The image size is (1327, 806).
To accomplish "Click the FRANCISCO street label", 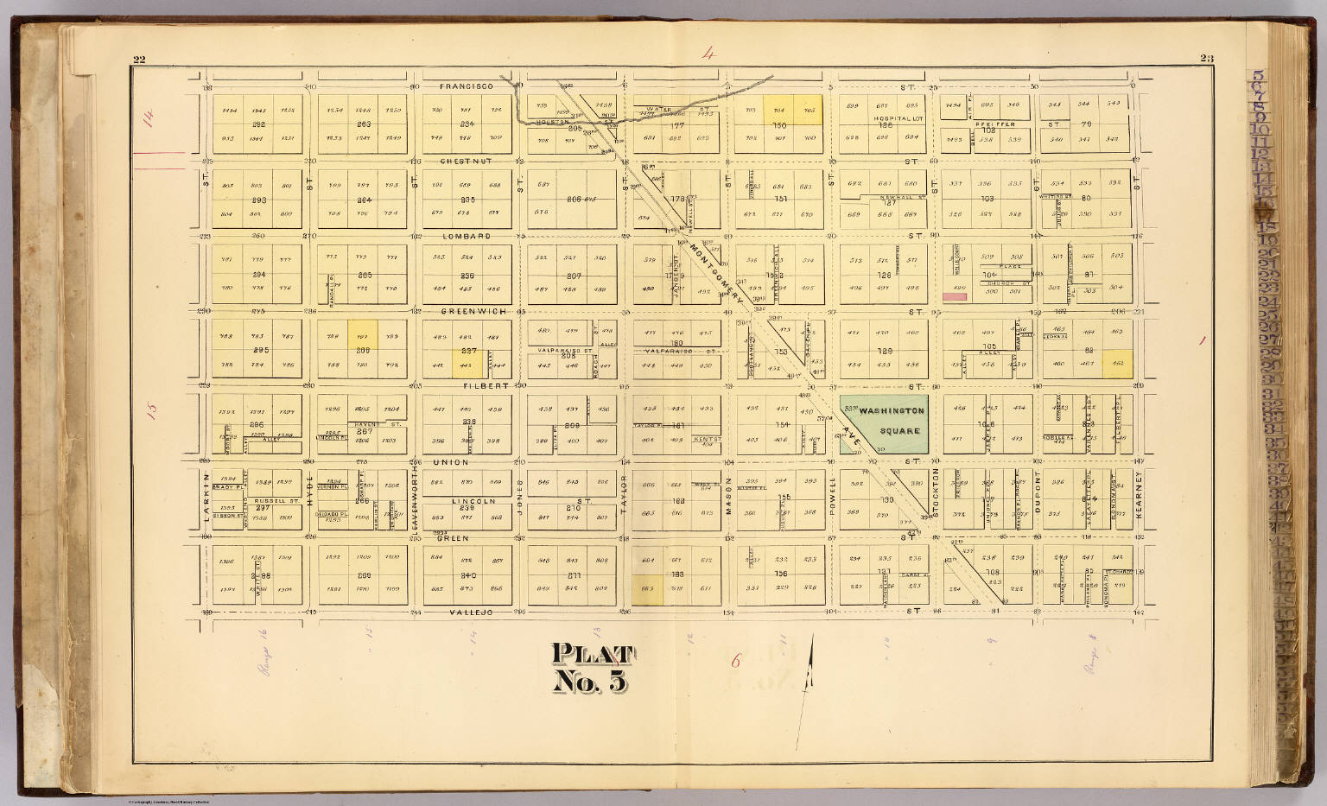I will click(x=466, y=86).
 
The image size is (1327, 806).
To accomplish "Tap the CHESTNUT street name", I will click(x=467, y=161).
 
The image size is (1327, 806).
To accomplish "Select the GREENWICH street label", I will click(x=467, y=310).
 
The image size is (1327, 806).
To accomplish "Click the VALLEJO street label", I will click(x=470, y=612).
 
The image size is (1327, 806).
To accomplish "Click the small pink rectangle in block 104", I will click(x=954, y=296).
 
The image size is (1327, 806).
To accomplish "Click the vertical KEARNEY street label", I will click(x=1140, y=494).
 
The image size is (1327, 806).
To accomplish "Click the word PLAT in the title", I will click(x=593, y=654).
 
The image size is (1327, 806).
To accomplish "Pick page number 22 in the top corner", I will click(x=139, y=59).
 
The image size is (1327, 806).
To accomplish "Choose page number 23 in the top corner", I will click(x=1207, y=59).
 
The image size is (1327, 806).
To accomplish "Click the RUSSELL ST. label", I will click(x=276, y=499).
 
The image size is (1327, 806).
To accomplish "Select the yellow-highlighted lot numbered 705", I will click(x=809, y=110).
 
